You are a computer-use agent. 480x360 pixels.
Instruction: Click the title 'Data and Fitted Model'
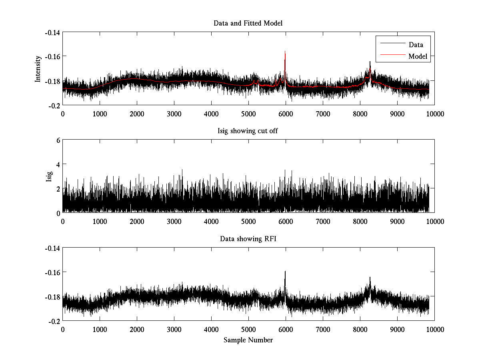(x=248, y=23)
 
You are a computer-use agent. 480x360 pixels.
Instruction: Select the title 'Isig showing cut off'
(x=248, y=131)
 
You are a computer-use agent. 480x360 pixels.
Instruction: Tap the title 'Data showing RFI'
(x=248, y=239)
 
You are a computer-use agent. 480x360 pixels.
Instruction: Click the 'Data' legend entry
(x=416, y=44)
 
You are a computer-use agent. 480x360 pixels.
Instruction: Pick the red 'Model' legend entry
(x=418, y=56)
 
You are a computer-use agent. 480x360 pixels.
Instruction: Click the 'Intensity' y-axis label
(x=38, y=69)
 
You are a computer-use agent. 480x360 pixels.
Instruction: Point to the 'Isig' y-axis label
(x=49, y=176)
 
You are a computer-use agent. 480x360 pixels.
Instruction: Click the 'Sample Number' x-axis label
(x=248, y=340)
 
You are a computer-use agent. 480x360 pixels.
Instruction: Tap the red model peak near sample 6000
(x=285, y=52)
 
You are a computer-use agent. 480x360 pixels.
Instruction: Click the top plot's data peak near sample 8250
(x=370, y=62)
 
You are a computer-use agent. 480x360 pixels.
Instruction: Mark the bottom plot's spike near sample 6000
(x=285, y=272)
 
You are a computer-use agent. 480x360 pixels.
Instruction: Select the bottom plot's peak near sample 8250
(x=370, y=277)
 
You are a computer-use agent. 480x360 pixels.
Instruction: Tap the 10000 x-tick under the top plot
(x=435, y=114)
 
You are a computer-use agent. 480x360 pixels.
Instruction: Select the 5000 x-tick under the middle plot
(x=248, y=222)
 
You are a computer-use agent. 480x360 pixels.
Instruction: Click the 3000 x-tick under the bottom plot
(x=174, y=330)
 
